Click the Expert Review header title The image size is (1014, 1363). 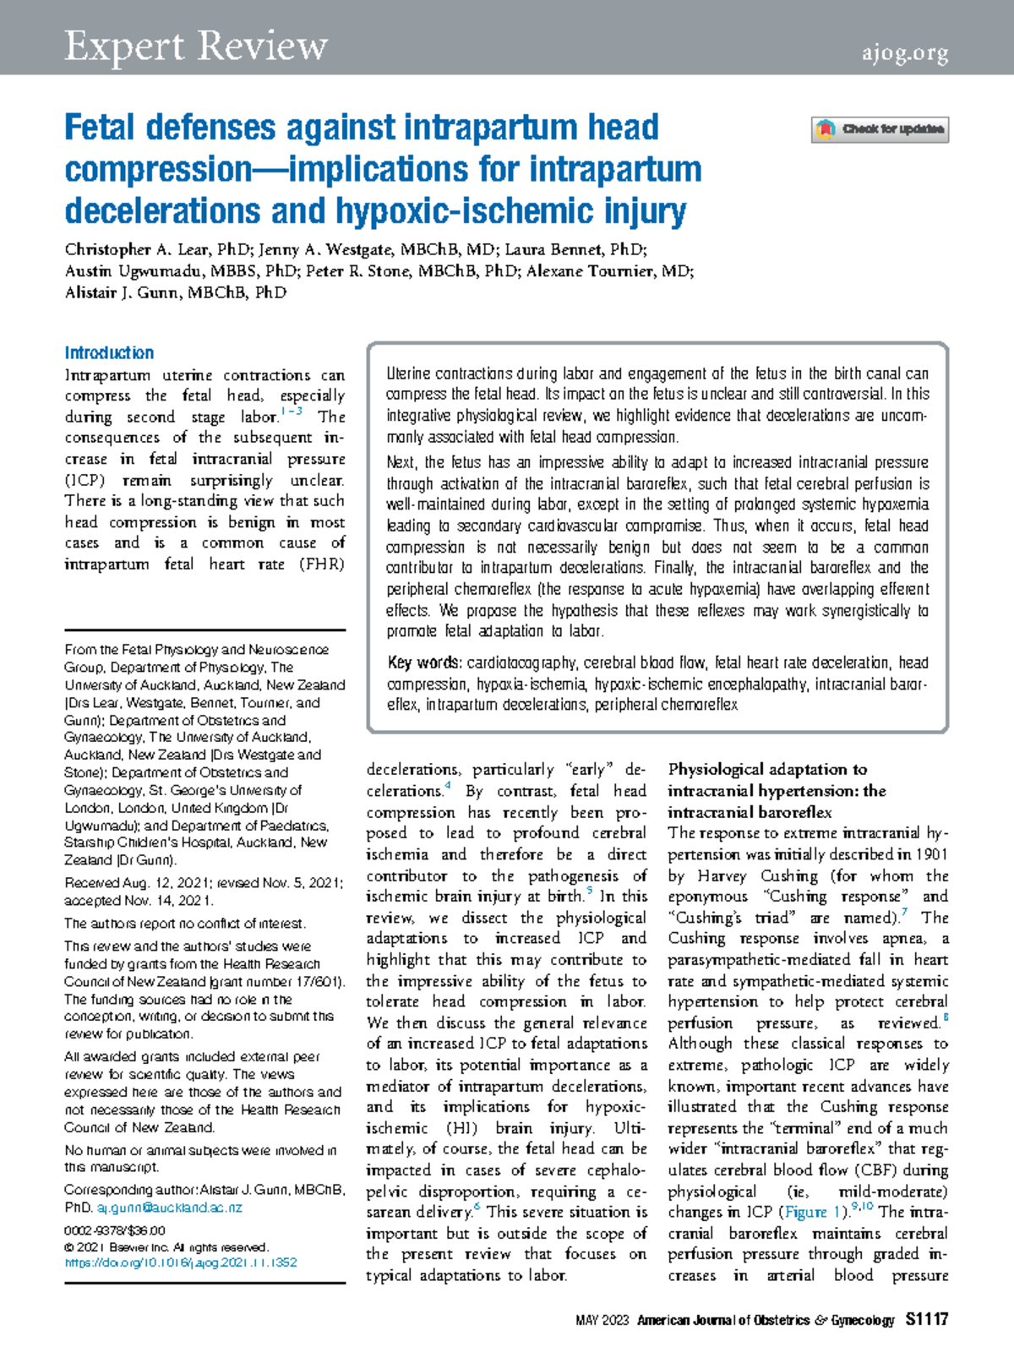click(196, 46)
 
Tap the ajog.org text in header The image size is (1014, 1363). click(905, 54)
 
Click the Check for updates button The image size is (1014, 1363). click(880, 129)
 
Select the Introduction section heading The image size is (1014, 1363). click(109, 353)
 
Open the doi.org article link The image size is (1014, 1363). click(180, 1262)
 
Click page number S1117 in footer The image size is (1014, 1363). click(926, 1320)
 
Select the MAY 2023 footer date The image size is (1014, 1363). click(602, 1321)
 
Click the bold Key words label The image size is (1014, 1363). click(424, 663)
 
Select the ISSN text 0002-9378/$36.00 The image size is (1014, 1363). click(115, 1230)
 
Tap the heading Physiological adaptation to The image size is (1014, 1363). click(767, 770)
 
